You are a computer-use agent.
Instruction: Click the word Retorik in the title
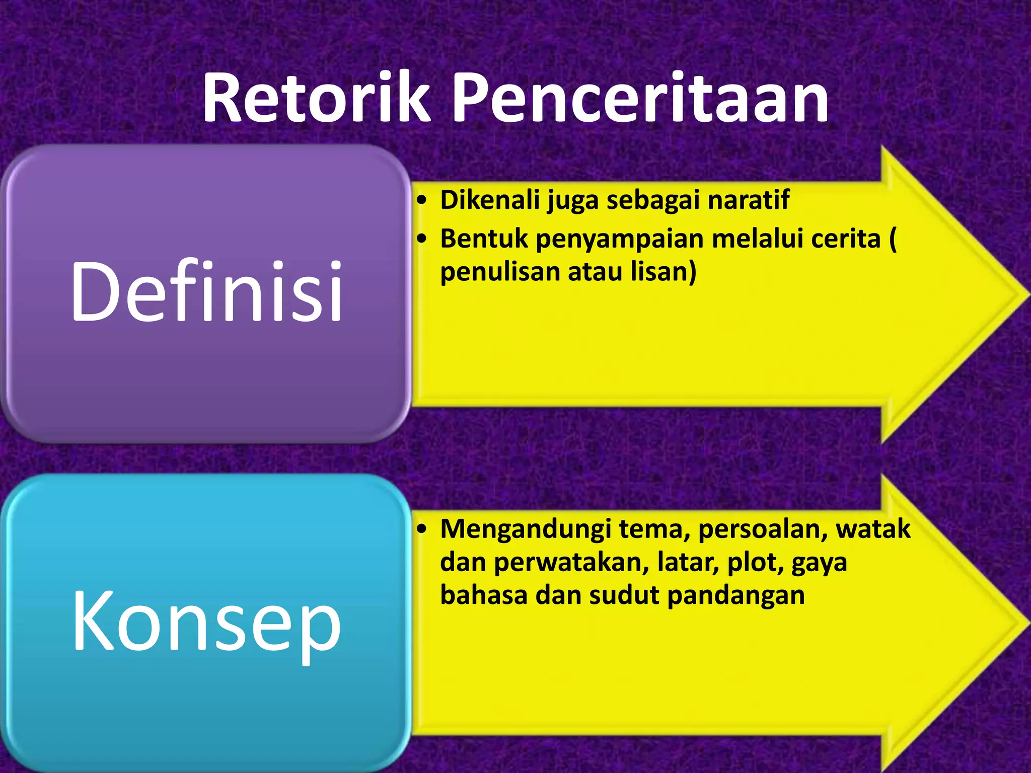316,98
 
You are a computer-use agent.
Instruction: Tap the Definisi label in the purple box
206,292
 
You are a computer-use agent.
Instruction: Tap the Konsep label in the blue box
206,622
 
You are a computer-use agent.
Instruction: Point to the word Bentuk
484,239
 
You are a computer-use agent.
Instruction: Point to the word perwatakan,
571,563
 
